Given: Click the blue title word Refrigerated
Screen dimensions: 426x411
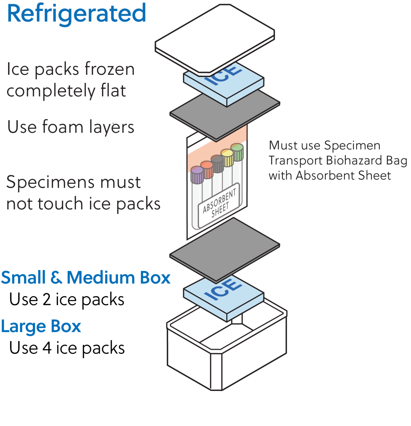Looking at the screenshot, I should pyautogui.click(x=76, y=14).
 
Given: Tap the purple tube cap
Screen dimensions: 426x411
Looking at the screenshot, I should pyautogui.click(x=197, y=175).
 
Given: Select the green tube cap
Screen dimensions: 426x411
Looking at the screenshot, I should pyautogui.click(x=237, y=152).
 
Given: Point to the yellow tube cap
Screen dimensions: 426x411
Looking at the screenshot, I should pyautogui.click(x=227, y=158).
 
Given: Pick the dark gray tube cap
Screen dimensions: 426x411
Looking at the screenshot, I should pyautogui.click(x=217, y=164).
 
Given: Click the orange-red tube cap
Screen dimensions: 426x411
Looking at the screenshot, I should pyautogui.click(x=207, y=169).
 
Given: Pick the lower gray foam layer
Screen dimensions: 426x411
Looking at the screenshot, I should pyautogui.click(x=225, y=248).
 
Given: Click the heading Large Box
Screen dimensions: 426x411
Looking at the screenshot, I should pyautogui.click(x=41, y=327).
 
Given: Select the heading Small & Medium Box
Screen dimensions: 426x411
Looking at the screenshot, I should pyautogui.click(x=85, y=278).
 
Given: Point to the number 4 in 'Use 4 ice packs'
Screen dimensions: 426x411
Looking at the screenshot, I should pyautogui.click(x=47, y=348).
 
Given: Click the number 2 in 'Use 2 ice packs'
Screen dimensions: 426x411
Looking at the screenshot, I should pyautogui.click(x=47, y=300).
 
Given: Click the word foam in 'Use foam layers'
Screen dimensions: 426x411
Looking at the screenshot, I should pyautogui.click(x=63, y=127).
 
